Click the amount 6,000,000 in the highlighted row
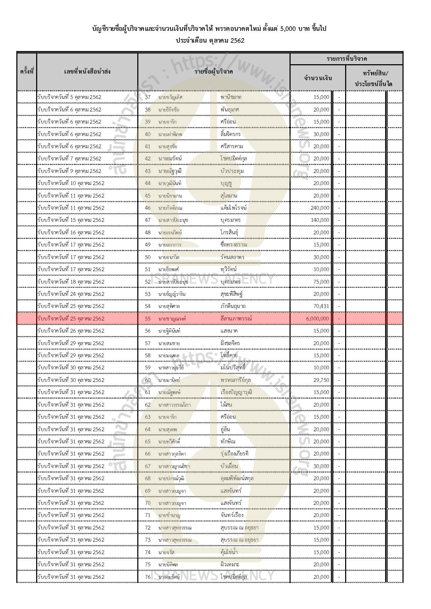pos(318,319)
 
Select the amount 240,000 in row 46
pos(320,208)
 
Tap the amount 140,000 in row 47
pos(320,220)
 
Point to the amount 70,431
pos(321,306)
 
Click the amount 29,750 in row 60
pos(321,380)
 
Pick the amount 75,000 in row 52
pos(321,282)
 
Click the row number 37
pos(148,97)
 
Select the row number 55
pos(148,319)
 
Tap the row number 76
pos(148,577)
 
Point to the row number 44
pos(148,183)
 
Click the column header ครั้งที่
pos(26,72)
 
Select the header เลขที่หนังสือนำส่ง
pos(87,72)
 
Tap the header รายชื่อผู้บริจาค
pos(214,72)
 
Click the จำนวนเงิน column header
pos(318,78)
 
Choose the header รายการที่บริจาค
pos(347,59)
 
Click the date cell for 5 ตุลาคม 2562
pos(70,97)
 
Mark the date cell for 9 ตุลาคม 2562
pos(70,171)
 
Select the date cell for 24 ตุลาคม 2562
pos(71,294)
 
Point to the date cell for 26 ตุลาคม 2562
pos(71,331)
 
